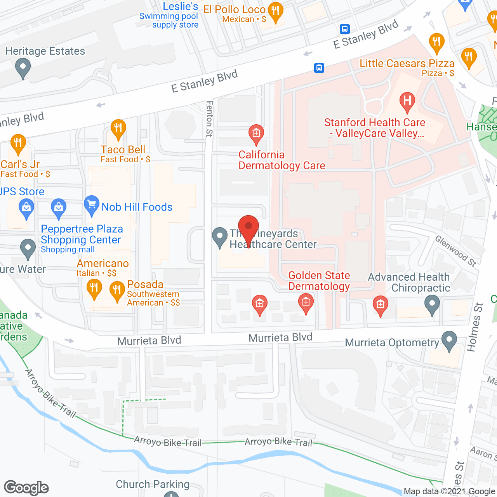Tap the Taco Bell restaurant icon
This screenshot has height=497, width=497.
pos(118,129)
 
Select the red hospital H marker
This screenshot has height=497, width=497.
pos(407,102)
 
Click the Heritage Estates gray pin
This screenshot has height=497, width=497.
pos(23,68)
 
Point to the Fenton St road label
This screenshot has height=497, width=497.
pos(210,118)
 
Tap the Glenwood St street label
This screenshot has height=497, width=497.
pos(455,251)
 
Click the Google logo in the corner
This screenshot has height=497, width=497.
pos(26,488)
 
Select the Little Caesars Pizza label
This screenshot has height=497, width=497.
pos(407,63)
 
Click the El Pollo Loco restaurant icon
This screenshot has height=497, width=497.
pos(275,12)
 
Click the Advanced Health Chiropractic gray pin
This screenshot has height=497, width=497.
pos(432,304)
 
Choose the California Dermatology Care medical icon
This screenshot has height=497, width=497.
pos(256,134)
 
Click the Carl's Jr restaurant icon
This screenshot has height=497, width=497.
pos(18,143)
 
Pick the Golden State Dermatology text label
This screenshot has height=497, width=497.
pos(319,281)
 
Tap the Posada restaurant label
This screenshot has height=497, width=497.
pos(145,284)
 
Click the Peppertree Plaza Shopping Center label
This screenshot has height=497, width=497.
pos(82,234)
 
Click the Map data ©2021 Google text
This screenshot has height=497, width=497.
pos(450,491)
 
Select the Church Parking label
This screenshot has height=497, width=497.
pos(153,484)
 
